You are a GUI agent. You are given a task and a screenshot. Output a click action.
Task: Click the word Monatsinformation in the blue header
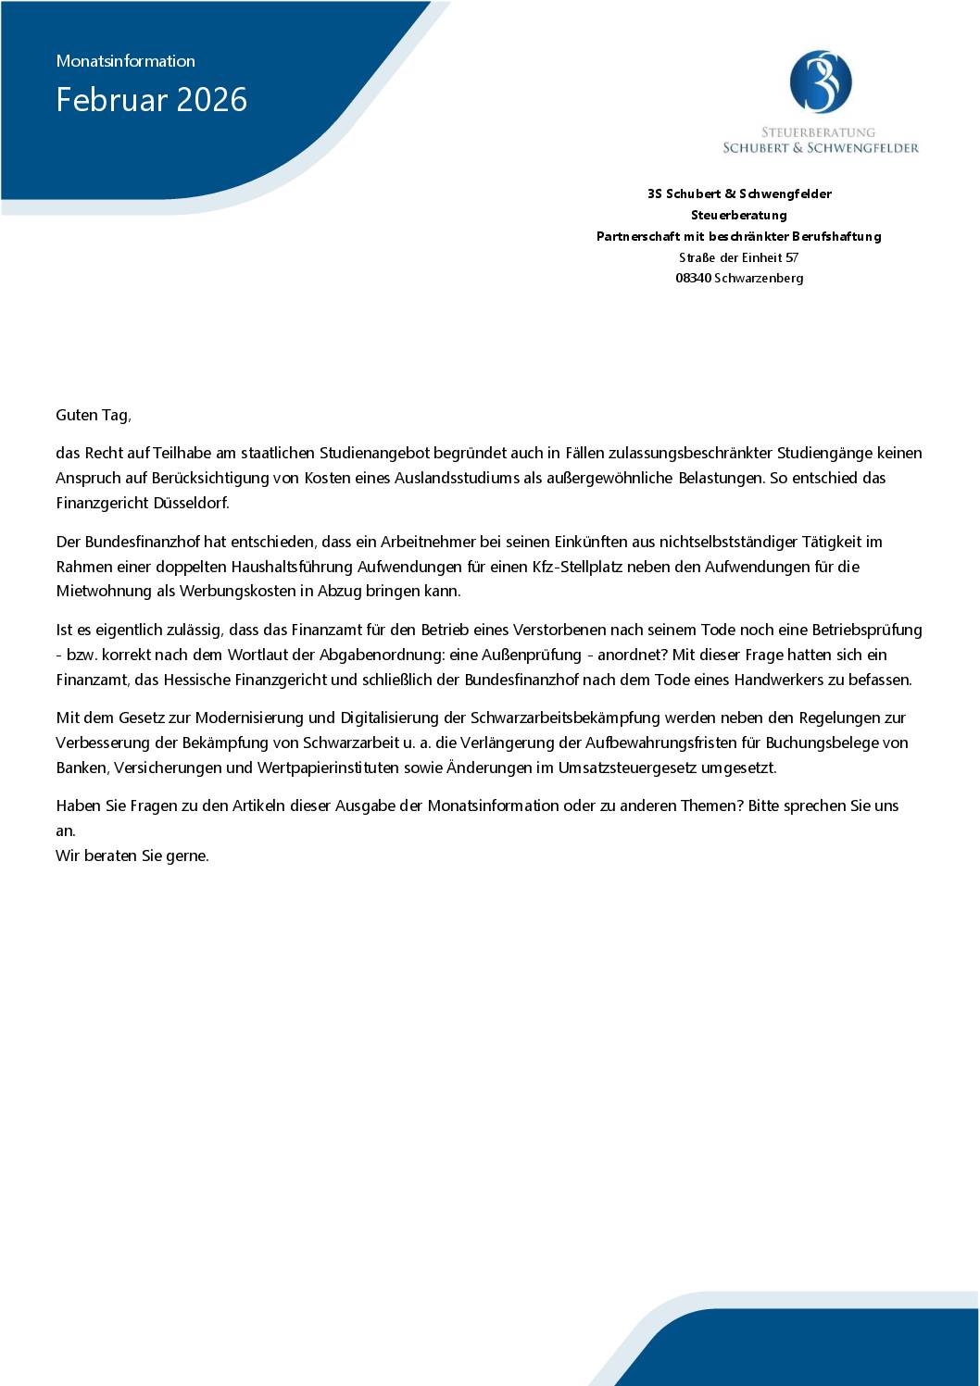[125, 61]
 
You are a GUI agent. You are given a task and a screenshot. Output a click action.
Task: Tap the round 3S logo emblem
[820, 82]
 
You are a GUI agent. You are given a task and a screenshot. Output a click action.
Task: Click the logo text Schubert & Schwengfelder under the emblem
[820, 147]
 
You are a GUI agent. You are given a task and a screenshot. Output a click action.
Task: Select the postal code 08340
[693, 278]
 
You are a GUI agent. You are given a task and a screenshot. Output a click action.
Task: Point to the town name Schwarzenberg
[759, 278]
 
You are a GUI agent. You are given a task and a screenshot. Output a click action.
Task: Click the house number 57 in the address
[791, 257]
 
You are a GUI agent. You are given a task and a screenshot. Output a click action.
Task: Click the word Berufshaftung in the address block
[836, 236]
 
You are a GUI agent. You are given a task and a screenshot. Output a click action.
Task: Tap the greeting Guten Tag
[94, 415]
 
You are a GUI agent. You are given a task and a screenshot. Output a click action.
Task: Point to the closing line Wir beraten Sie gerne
[132, 855]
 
